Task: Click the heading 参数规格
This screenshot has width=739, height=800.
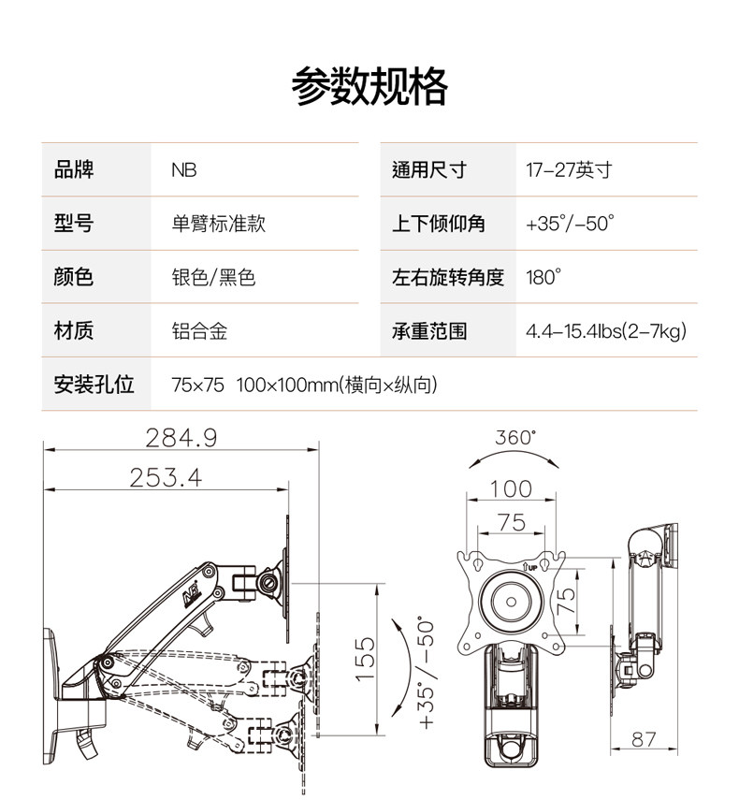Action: tap(369, 87)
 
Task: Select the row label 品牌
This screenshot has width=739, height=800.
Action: tap(74, 170)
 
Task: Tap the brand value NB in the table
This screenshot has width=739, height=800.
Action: tap(183, 170)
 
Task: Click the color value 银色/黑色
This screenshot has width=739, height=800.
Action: tap(213, 277)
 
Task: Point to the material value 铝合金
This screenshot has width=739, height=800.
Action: tap(199, 331)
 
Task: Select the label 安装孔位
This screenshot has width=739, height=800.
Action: tap(94, 385)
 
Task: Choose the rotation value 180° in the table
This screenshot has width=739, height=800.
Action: tap(543, 277)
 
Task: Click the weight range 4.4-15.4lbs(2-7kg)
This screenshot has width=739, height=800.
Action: tap(606, 331)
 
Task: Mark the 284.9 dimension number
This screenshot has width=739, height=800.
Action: tap(181, 437)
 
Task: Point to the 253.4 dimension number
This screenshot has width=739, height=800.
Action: tap(166, 478)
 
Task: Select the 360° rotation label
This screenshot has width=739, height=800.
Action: tap(515, 437)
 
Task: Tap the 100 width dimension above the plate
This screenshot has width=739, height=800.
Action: tap(511, 488)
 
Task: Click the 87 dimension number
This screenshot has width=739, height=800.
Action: tap(643, 739)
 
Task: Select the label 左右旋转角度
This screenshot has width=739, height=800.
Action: tap(448, 277)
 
